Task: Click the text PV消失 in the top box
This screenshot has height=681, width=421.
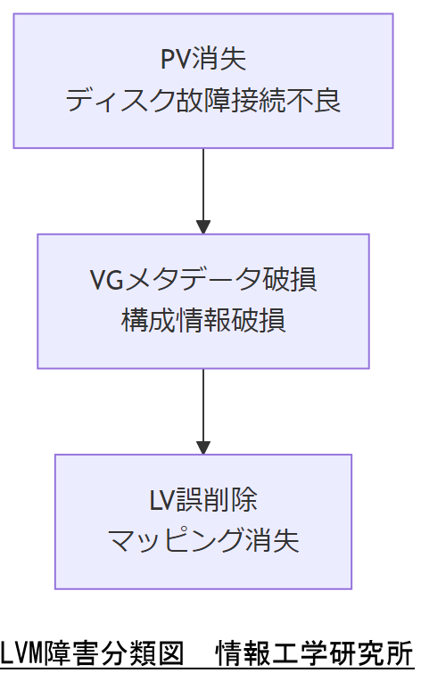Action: click(203, 60)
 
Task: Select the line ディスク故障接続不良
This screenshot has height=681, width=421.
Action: click(203, 101)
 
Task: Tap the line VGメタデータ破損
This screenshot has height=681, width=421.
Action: click(203, 280)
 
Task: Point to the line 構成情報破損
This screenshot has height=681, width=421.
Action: click(203, 321)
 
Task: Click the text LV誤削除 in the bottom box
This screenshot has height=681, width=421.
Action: click(203, 500)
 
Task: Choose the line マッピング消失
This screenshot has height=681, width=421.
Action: click(203, 541)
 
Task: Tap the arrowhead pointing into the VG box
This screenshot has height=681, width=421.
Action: click(203, 227)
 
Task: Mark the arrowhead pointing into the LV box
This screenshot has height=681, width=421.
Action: click(203, 447)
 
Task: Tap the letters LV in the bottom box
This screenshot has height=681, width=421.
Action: click(163, 500)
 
